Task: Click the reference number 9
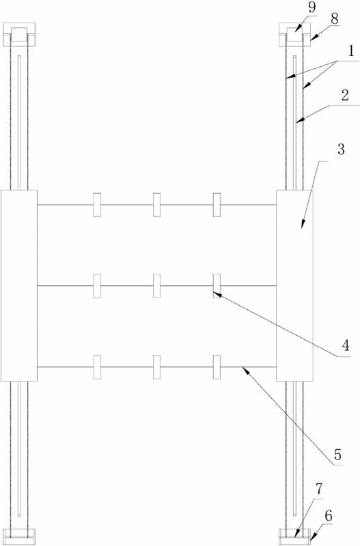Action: (311, 8)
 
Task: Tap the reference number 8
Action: (334, 19)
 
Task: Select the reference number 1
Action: (350, 52)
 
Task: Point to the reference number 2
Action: (345, 96)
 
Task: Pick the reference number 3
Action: (341, 149)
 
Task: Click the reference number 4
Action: (346, 346)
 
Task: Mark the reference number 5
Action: (337, 455)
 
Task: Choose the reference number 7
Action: (320, 489)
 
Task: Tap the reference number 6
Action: (328, 516)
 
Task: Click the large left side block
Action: (19, 285)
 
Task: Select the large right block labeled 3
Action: (294, 285)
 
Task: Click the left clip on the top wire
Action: (97, 205)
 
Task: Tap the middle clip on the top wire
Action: (157, 205)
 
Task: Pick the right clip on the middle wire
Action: (217, 286)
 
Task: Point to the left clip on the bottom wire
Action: (97, 367)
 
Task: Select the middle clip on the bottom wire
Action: (157, 367)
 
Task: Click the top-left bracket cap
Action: (19, 35)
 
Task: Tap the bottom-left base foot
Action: (19, 536)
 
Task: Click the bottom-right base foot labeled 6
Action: (294, 536)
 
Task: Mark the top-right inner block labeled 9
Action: (294, 35)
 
